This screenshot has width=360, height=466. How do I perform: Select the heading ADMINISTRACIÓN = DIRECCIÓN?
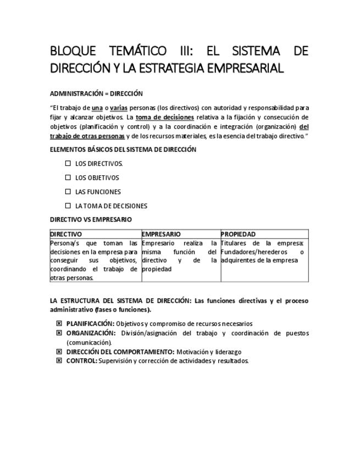coord(96,93)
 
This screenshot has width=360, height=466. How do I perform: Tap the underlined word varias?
coord(118,108)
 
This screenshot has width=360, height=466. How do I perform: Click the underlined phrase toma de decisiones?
coord(165,117)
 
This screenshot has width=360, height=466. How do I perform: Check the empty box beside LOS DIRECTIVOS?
coord(68,163)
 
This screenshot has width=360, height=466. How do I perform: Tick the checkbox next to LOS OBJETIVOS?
coord(68,177)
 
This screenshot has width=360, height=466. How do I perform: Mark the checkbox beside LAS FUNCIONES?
coord(68,192)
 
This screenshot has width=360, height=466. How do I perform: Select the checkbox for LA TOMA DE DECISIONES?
coord(68,206)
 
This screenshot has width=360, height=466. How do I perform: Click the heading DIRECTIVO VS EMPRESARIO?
coord(91,219)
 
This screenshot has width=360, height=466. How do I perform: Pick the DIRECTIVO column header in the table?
coord(66,234)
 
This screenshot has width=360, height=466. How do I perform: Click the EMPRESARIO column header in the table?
coord(161,234)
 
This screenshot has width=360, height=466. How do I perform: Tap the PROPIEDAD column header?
coord(238,234)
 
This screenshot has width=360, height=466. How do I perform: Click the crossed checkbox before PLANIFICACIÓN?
coord(59,324)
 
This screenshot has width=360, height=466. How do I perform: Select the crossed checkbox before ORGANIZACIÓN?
coord(59,333)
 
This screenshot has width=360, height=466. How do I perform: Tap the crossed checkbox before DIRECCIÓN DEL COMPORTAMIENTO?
coord(59,352)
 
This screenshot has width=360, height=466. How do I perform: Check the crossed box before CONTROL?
coord(59,360)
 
